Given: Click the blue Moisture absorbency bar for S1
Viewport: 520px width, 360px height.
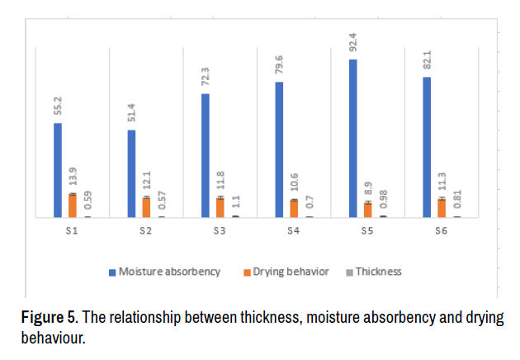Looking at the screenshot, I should point(58,170).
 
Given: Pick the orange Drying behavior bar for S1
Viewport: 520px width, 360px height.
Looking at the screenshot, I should point(73,206).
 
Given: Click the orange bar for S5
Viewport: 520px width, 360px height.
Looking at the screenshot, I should point(368,210).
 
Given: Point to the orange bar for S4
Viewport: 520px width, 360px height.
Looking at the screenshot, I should point(294,208).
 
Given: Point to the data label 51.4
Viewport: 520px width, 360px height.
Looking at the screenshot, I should point(132,113).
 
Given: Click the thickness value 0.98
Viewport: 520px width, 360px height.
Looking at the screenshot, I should point(382,201).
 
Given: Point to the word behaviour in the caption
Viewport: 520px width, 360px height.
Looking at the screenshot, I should point(52,337).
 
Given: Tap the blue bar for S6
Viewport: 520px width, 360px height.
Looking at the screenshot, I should point(427,147).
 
